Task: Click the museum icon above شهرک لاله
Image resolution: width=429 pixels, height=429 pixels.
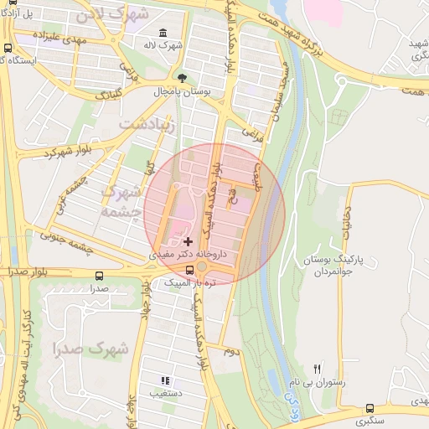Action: (x=162, y=32)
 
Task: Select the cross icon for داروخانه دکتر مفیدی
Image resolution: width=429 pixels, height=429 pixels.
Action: (x=188, y=241)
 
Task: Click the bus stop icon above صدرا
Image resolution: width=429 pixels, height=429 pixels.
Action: (x=100, y=276)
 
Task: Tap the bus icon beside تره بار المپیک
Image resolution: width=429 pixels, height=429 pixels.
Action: (x=189, y=269)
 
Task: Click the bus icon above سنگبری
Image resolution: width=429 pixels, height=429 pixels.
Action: (x=370, y=409)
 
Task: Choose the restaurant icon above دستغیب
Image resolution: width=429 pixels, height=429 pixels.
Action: (x=164, y=380)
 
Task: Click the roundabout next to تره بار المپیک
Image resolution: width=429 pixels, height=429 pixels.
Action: (x=202, y=268)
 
